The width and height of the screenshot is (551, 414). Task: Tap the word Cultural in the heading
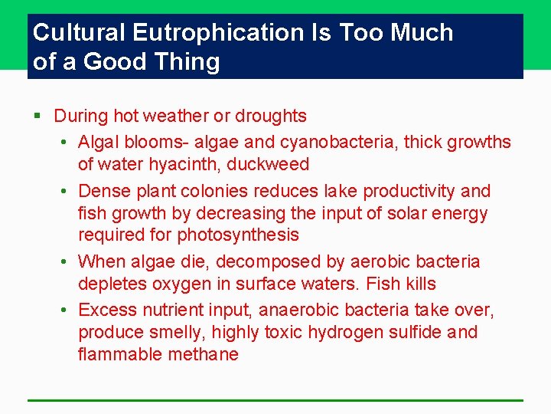click(80, 33)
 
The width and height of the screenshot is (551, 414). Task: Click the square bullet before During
click(37, 117)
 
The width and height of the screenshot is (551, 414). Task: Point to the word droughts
click(271, 117)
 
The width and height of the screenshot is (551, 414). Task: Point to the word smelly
click(175, 333)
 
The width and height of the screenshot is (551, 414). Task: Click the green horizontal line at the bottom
click(275, 400)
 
